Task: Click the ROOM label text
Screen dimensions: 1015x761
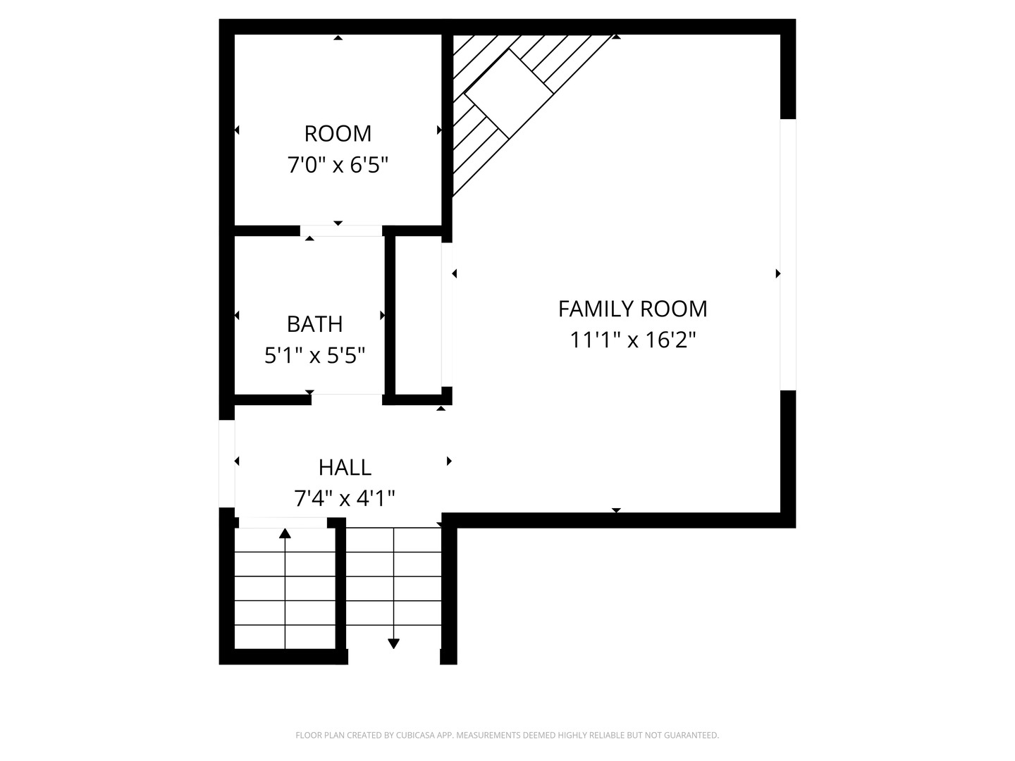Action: tap(338, 134)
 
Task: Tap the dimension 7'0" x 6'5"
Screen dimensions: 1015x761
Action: tap(338, 165)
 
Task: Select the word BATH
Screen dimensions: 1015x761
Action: tap(314, 324)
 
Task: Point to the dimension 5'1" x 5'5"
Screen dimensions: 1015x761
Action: tap(314, 356)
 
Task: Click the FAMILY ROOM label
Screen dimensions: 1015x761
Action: tap(632, 309)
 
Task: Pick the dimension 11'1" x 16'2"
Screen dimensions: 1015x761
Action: tap(632, 340)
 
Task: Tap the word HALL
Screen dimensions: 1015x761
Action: tap(345, 468)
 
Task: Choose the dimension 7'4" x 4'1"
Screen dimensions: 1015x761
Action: tap(345, 499)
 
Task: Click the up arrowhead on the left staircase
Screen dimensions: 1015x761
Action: tap(285, 533)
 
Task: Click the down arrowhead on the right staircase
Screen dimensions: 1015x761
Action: tap(393, 643)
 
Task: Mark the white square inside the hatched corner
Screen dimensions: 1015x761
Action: tap(509, 94)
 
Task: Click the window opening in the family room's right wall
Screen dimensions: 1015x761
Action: tap(788, 254)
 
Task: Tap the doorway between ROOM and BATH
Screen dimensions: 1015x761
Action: tap(341, 230)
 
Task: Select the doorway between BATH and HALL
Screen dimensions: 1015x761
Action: tap(347, 400)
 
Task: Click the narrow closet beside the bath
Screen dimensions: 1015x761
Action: tap(418, 315)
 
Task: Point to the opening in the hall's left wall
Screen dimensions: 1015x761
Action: tap(226, 464)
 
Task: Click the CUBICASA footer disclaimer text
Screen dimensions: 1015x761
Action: tap(508, 735)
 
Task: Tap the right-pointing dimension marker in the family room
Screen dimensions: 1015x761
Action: tap(778, 273)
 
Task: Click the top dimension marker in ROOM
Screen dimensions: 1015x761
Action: tap(338, 37)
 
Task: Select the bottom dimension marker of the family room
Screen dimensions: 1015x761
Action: tap(616, 510)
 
